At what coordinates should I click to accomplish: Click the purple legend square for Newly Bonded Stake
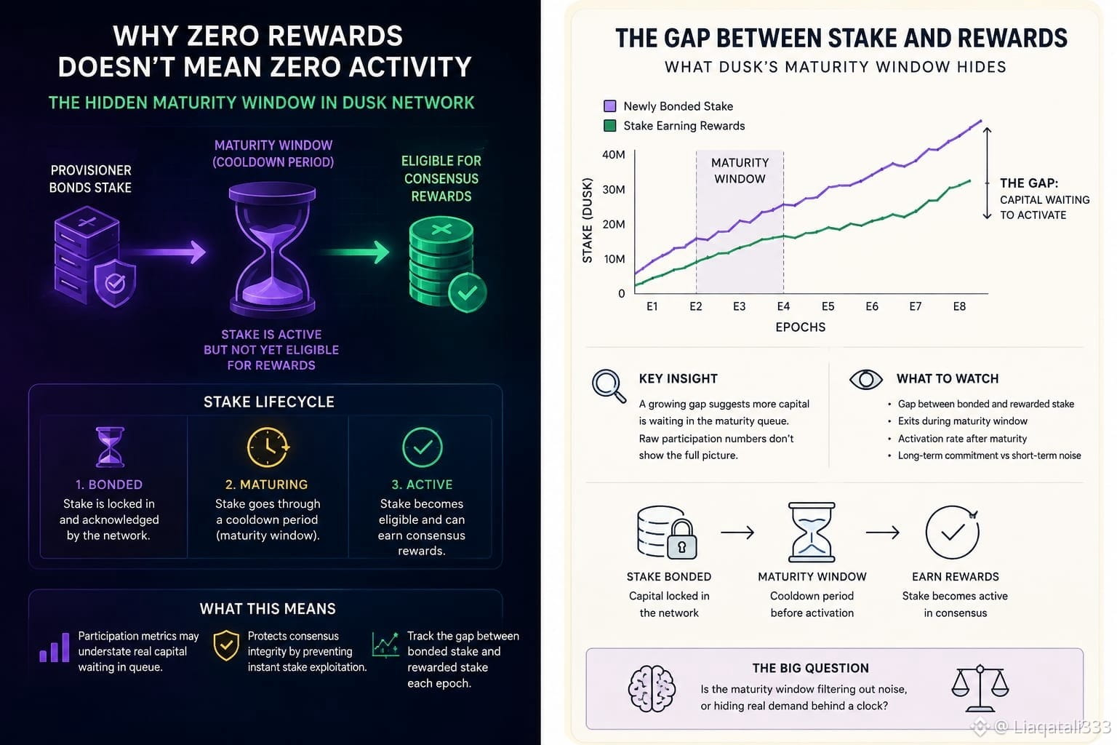coord(609,105)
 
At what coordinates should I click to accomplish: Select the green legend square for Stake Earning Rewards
coord(609,125)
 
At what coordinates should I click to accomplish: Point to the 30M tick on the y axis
coord(613,190)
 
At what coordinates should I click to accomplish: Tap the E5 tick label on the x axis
coord(828,306)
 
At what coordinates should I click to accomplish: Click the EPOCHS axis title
coord(801,327)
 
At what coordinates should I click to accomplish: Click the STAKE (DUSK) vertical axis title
coord(588,220)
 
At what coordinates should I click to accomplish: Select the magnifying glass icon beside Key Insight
coord(609,386)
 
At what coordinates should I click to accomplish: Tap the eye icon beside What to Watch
coord(865,380)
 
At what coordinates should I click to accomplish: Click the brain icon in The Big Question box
coord(652,689)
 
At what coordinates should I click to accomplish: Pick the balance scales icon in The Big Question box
coord(980,688)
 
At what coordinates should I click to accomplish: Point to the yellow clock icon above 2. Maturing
coord(268,447)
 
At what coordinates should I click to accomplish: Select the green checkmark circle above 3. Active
coord(422,447)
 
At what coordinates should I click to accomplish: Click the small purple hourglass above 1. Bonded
coord(110,447)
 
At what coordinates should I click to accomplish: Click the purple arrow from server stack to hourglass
coord(167,252)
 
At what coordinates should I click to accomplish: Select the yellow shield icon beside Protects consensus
coord(226,645)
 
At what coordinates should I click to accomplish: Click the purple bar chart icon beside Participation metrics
coord(55,648)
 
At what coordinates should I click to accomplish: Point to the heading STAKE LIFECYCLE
coord(269,402)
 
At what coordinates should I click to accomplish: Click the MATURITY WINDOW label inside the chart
coord(740,171)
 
